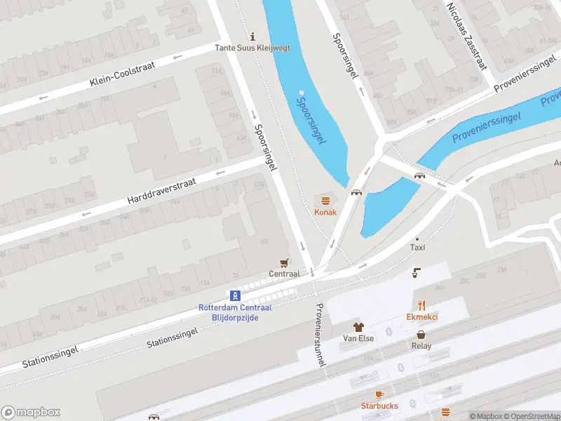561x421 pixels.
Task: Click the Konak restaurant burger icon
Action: pyautogui.click(x=325, y=201)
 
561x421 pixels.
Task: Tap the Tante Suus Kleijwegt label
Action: pyautogui.click(x=253, y=48)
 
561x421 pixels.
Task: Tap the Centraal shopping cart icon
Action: pyautogui.click(x=284, y=263)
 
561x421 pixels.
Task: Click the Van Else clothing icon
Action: pyautogui.click(x=358, y=327)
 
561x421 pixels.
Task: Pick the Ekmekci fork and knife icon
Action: pyautogui.click(x=422, y=305)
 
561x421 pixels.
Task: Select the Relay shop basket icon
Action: pyautogui.click(x=421, y=335)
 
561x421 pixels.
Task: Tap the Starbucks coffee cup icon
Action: pyautogui.click(x=379, y=395)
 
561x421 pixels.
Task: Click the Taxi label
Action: pyautogui.click(x=418, y=248)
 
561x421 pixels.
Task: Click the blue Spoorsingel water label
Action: pyautogui.click(x=311, y=121)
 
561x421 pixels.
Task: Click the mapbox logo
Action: pyautogui.click(x=30, y=413)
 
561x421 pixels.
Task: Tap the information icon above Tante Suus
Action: pyautogui.click(x=253, y=36)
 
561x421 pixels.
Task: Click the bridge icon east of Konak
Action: pyautogui.click(x=356, y=192)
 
